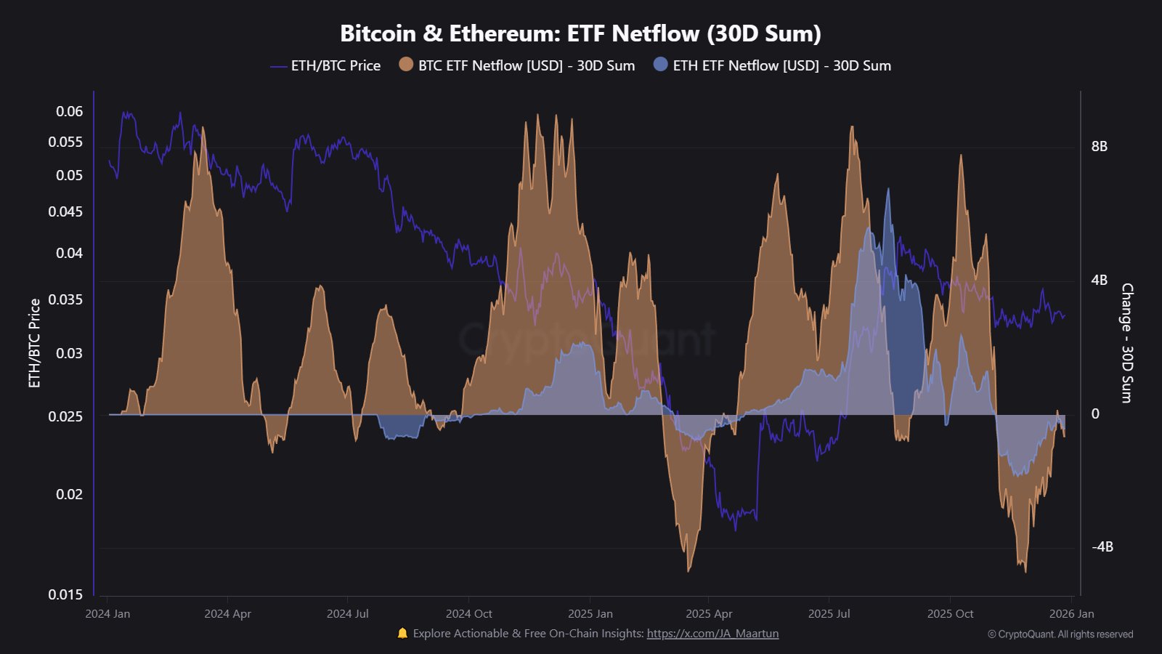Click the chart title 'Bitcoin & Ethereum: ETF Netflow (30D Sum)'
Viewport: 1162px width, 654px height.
tap(580, 33)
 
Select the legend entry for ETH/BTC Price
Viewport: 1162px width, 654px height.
tap(325, 65)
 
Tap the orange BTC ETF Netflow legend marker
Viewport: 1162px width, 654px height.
tap(406, 65)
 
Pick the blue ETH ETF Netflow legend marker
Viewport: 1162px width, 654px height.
tap(660, 65)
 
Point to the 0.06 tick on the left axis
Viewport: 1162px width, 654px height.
tap(70, 111)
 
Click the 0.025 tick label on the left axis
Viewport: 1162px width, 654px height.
tap(65, 416)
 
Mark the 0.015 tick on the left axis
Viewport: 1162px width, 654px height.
tap(65, 594)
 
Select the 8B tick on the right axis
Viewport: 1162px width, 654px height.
tap(1099, 147)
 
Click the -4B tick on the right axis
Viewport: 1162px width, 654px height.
tap(1102, 546)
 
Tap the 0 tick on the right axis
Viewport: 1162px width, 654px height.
tap(1095, 414)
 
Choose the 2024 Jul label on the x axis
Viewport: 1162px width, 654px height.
tap(347, 614)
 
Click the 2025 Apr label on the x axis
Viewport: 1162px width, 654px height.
tap(709, 614)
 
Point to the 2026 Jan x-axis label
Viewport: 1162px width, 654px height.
tap(1071, 614)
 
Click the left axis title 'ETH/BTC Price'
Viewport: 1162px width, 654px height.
tap(34, 343)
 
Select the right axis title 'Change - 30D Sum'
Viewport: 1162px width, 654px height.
tap(1126, 343)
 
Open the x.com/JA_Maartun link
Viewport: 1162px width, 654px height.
tap(712, 634)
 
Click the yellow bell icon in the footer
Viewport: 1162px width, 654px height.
tap(402, 633)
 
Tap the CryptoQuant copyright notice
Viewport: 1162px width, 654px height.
tap(1060, 634)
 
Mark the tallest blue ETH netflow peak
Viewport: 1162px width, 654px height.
tap(887, 190)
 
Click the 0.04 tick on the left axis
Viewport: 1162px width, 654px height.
tap(70, 253)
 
